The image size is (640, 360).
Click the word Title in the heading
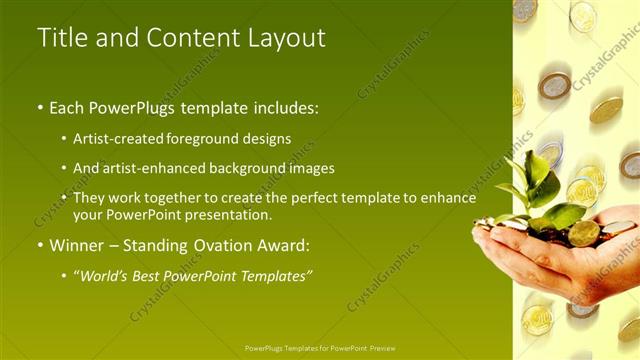62,38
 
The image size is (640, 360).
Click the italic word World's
110,275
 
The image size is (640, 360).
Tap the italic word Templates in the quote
275,275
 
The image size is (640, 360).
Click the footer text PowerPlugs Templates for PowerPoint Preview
320,349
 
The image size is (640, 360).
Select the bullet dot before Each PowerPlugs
40,107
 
